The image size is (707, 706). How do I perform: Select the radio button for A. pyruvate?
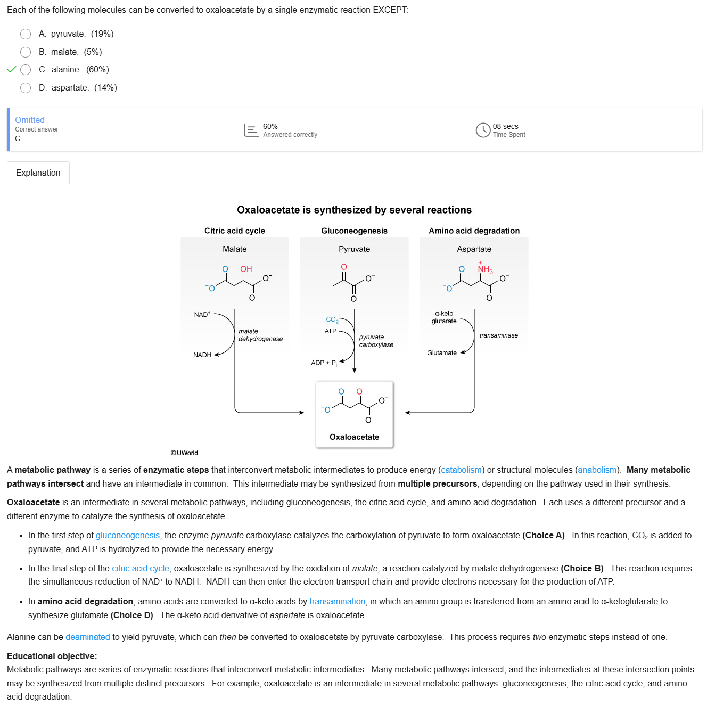pos(26,34)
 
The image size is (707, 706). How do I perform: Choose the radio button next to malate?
pos(26,52)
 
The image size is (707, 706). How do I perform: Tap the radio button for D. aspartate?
pos(26,88)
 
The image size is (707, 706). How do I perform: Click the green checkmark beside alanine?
pos(11,70)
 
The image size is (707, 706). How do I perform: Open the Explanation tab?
pos(38,173)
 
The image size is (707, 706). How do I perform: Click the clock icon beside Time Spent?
pos(483,130)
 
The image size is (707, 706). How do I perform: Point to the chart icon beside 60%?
pos(251,130)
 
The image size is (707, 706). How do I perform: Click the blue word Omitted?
pos(30,120)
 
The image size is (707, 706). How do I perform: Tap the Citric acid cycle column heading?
pos(235,231)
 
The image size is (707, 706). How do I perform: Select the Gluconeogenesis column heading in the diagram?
pos(354,231)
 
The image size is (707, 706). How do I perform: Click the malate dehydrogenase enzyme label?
pos(260,335)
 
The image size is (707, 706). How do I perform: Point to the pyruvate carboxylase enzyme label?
pos(376,341)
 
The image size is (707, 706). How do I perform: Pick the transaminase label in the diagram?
pos(498,335)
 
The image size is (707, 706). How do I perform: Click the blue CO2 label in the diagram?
pos(332,319)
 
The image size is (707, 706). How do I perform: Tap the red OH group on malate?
pos(246,269)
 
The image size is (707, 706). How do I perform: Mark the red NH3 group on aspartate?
pos(484,269)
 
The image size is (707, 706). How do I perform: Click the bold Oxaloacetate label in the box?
pos(354,437)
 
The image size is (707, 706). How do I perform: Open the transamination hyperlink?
pos(337,601)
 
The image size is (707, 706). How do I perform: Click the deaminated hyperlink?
pos(87,637)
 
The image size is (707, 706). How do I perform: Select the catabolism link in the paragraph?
pos(461,470)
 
